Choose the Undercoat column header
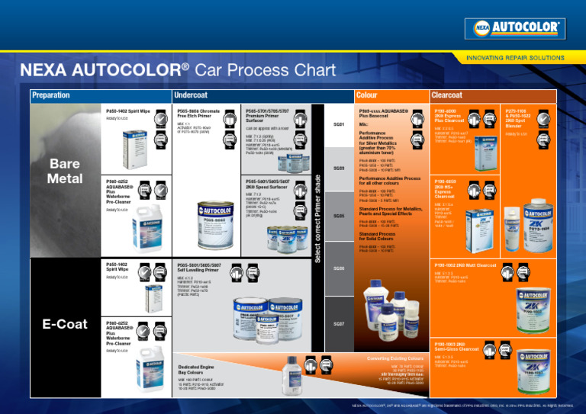coord(192,95)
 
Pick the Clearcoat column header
coord(447,95)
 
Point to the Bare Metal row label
coord(65,171)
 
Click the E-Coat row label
coord(65,324)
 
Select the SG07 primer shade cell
coord(339,324)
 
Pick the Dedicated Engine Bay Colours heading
coord(200,369)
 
